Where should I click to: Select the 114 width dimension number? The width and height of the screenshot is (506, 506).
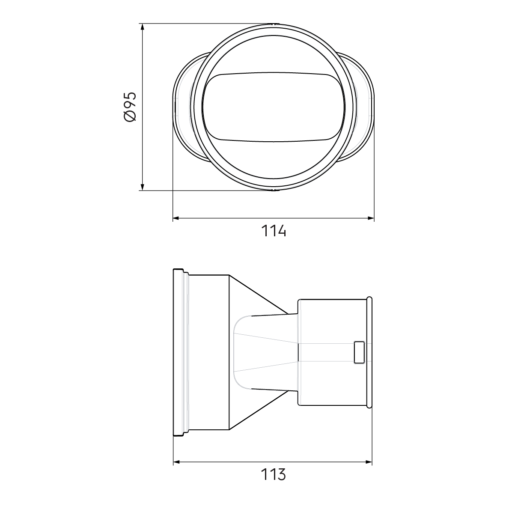pos(274,231)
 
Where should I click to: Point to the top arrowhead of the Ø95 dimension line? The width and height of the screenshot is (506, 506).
pos(142,27)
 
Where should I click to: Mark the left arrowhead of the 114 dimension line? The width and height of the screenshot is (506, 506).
pos(176,219)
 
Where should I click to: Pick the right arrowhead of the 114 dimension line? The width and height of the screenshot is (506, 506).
pos(371,219)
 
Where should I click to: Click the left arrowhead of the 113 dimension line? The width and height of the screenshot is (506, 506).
pos(176,462)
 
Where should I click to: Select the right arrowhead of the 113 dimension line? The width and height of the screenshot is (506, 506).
pos(369,462)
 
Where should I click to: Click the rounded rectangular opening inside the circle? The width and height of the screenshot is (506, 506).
pos(274,107)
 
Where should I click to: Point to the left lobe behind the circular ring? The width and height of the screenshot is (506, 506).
pos(184,107)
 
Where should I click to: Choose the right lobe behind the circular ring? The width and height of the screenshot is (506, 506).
pos(364,107)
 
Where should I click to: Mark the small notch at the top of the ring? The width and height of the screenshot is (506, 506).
pos(274,24)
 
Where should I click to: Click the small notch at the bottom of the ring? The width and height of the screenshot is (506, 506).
pos(274,189)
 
